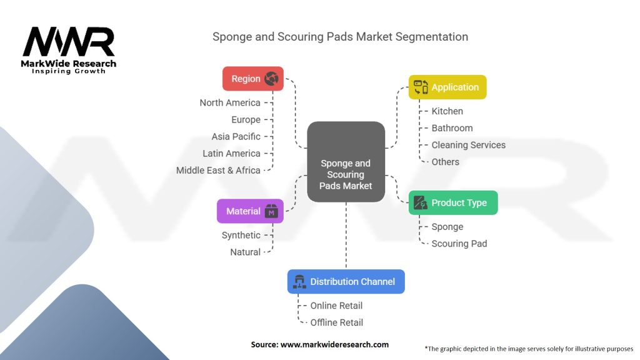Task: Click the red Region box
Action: click(x=252, y=79)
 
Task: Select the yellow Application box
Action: click(x=447, y=87)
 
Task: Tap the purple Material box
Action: click(x=250, y=211)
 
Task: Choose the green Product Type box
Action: click(x=453, y=202)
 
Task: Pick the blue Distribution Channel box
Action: click(x=346, y=281)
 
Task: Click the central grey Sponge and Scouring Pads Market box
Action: click(x=346, y=161)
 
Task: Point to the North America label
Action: click(x=230, y=102)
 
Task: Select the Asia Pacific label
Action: click(x=236, y=136)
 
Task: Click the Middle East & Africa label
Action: click(x=218, y=170)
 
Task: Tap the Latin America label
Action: click(x=231, y=153)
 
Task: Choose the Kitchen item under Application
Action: click(x=447, y=111)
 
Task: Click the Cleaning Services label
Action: click(x=468, y=145)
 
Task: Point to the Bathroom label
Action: click(x=452, y=128)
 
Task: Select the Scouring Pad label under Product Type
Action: click(x=459, y=243)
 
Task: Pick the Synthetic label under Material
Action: click(x=241, y=235)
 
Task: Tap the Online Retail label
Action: click(x=336, y=306)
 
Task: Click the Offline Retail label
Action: click(x=337, y=322)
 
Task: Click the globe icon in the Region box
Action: click(x=271, y=79)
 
